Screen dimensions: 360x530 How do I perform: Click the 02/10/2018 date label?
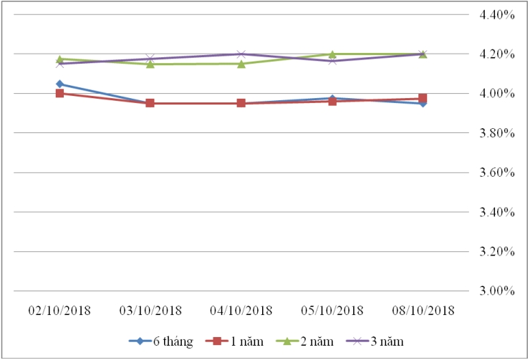click(x=59, y=310)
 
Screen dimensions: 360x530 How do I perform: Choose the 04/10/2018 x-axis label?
click(x=241, y=310)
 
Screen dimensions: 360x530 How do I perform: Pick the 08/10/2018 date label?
click(x=423, y=310)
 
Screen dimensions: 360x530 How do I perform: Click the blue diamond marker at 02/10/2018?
click(x=59, y=84)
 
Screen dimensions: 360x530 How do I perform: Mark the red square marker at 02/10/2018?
click(x=59, y=93)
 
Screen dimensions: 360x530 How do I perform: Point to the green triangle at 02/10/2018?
click(x=59, y=59)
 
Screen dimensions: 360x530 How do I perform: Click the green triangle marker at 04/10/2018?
click(x=241, y=64)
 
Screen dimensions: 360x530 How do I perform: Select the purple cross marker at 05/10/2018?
click(x=332, y=61)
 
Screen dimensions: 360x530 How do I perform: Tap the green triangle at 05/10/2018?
click(x=332, y=54)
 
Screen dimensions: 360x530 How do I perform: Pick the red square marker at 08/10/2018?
click(x=423, y=98)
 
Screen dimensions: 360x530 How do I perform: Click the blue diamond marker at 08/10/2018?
click(x=423, y=103)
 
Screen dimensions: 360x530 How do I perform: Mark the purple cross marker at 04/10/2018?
click(x=241, y=54)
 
